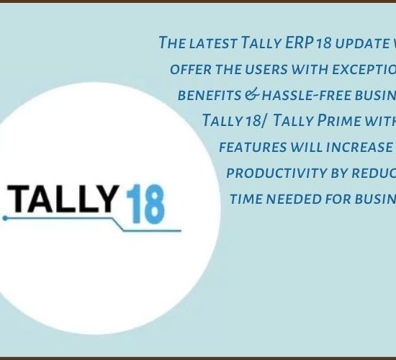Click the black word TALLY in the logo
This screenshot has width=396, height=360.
coord(63,199)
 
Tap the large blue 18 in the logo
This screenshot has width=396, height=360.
coord(145,204)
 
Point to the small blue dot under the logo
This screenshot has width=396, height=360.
coord(5,218)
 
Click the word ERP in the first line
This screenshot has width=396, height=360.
coord(300,42)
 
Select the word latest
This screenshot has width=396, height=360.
coord(213,43)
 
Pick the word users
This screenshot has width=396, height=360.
coord(266,69)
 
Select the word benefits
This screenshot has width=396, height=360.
coord(210,96)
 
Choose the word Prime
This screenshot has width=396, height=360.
coord(338,120)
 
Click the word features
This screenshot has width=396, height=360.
coord(253,148)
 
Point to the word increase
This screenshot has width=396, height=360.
coord(359,148)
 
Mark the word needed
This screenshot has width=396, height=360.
coord(294,199)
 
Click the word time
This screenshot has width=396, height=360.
coord(246,199)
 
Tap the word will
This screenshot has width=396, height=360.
coord(306,148)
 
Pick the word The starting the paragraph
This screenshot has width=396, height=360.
coord(173,42)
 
